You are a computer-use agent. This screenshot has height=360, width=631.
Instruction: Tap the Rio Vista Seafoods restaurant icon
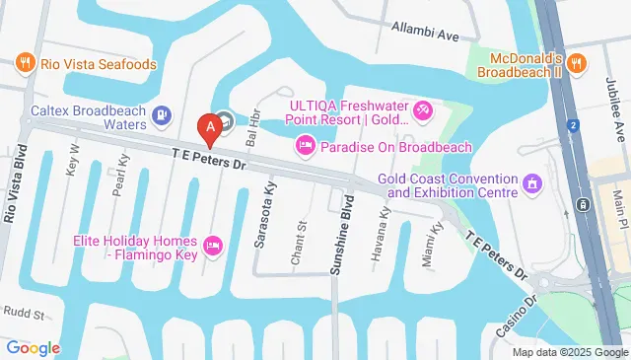coord(26,64)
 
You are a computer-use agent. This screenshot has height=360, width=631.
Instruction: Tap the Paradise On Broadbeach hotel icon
coord(306,147)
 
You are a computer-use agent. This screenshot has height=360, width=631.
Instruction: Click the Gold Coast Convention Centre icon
coord(533,182)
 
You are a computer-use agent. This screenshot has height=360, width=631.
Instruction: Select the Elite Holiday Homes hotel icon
coord(211,244)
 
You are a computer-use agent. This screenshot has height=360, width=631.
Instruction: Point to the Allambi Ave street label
coord(425,34)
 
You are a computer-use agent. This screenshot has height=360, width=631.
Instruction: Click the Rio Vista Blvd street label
coord(15,188)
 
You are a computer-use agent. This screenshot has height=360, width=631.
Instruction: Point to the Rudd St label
coord(26,315)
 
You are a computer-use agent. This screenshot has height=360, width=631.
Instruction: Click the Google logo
coord(33,348)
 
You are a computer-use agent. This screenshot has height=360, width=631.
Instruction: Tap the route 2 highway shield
coord(573,125)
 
